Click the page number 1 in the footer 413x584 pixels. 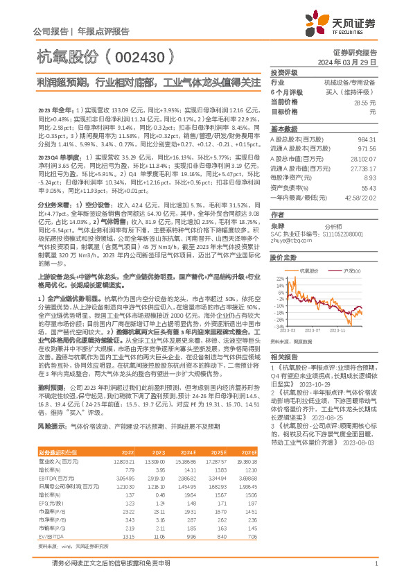click(375, 564)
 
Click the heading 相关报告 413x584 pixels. click(283, 357)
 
